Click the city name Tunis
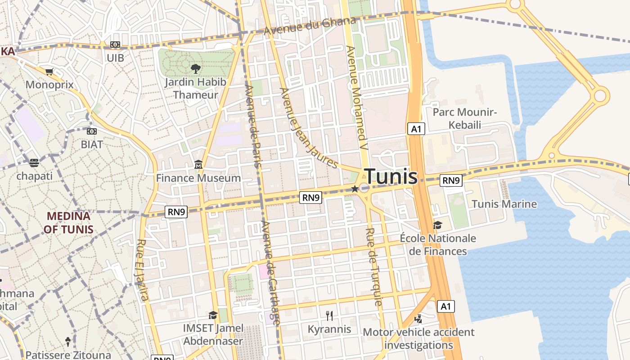391,176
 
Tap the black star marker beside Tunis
355,189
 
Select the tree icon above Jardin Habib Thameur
195,69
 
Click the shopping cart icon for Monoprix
49,72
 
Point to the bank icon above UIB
115,45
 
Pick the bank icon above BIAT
92,131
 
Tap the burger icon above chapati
34,162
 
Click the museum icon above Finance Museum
198,165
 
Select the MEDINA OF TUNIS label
70,223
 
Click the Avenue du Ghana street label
310,27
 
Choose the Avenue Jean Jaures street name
309,128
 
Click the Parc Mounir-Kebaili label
465,118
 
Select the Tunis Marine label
504,204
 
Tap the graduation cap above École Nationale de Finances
437,225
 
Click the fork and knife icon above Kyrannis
329,316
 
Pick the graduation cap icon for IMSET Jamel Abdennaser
213,315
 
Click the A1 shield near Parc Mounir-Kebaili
416,129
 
